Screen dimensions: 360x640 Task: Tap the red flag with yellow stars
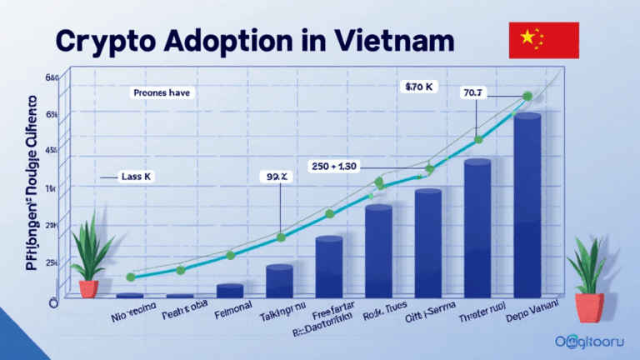pos(542,39)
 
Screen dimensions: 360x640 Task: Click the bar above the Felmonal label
pos(229,290)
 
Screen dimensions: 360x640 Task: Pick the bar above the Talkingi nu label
pos(279,281)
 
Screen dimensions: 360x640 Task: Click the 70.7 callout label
pos(472,93)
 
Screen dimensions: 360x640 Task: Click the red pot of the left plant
pos(88,288)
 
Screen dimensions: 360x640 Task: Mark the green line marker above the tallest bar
pos(527,97)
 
